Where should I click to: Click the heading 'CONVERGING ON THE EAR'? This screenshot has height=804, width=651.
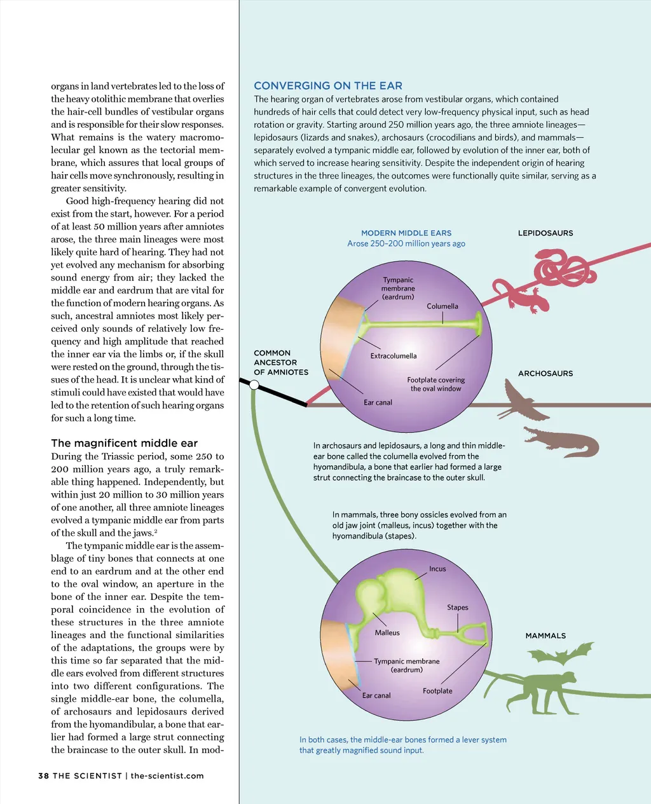pyautogui.click(x=328, y=86)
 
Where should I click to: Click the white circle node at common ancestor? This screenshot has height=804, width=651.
pyautogui.click(x=254, y=385)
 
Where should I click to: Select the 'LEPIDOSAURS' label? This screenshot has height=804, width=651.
pyautogui.click(x=545, y=233)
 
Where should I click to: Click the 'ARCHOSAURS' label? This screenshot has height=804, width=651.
pyautogui.click(x=545, y=374)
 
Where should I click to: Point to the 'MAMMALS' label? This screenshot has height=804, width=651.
pyautogui.click(x=545, y=636)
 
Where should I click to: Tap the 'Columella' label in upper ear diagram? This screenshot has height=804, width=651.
pyautogui.click(x=442, y=306)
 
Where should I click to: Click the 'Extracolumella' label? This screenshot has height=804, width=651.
pyautogui.click(x=394, y=356)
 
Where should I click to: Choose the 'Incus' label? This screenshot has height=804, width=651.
pyautogui.click(x=437, y=569)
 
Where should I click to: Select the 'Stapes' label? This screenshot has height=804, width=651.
pyautogui.click(x=458, y=608)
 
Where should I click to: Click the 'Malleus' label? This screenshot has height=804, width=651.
pyautogui.click(x=387, y=633)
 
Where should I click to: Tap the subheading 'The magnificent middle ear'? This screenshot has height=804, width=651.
pyautogui.click(x=124, y=443)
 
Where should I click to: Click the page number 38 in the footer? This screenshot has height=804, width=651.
pyautogui.click(x=43, y=775)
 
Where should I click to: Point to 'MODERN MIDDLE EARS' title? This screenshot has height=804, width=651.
pyautogui.click(x=406, y=233)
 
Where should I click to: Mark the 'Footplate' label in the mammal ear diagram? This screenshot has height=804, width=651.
pyautogui.click(x=437, y=691)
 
